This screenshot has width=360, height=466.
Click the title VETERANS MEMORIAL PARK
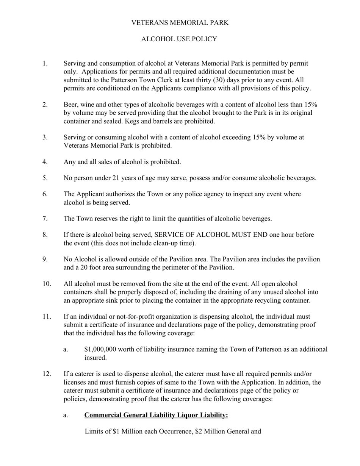180,23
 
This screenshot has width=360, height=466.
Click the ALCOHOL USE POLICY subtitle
179,39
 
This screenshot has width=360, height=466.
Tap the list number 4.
45,162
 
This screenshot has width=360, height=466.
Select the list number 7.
45,219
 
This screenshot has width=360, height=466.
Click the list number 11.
47,316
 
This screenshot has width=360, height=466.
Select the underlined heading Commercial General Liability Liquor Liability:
156,415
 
